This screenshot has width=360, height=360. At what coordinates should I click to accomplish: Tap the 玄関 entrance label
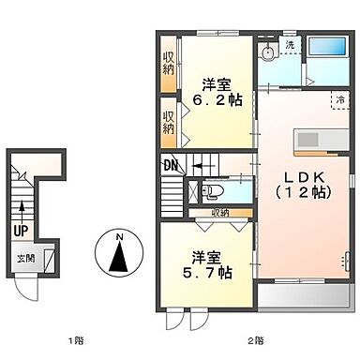[x=22, y=258]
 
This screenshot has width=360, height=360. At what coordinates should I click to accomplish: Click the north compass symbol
[x=120, y=255]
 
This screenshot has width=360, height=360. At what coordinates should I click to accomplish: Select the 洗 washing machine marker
[x=290, y=45]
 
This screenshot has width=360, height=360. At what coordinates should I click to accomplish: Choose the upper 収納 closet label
[x=169, y=62]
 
